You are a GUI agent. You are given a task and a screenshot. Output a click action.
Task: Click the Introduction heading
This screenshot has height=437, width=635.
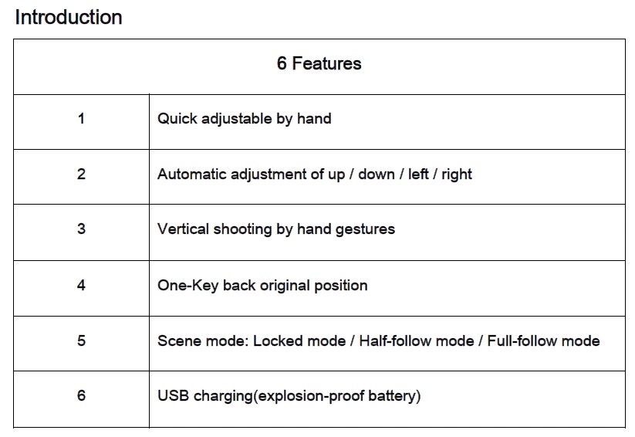69,18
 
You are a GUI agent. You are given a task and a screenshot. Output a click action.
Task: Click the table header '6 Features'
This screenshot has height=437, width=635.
319,63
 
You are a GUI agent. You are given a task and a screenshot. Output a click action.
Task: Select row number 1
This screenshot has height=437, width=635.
81,119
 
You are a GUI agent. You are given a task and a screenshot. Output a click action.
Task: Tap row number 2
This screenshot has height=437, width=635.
81,174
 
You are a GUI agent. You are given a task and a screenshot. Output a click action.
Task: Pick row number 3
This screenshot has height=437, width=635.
81,229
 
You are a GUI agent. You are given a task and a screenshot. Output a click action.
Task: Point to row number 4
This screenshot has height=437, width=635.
81,286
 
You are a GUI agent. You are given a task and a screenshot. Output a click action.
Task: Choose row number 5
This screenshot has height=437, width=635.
81,340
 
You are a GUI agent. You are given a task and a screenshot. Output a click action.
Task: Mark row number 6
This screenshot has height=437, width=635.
81,395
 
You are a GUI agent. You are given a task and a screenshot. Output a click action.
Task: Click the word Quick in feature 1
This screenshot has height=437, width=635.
177,119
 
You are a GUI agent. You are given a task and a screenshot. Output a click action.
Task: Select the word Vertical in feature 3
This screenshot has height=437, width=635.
183,229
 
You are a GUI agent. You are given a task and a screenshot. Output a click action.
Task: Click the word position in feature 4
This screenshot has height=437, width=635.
341,286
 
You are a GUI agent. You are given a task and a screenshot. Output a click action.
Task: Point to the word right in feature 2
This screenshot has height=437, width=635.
457,175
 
